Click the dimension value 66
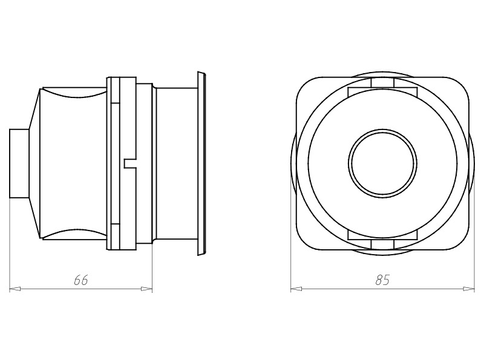81,280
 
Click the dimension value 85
382,280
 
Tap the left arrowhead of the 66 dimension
15,289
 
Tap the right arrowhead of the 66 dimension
147,289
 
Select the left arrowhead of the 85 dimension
296,289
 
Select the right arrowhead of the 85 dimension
469,289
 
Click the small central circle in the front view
382,163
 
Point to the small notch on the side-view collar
130,163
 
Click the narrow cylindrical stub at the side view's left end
19,163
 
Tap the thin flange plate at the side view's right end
201,163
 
